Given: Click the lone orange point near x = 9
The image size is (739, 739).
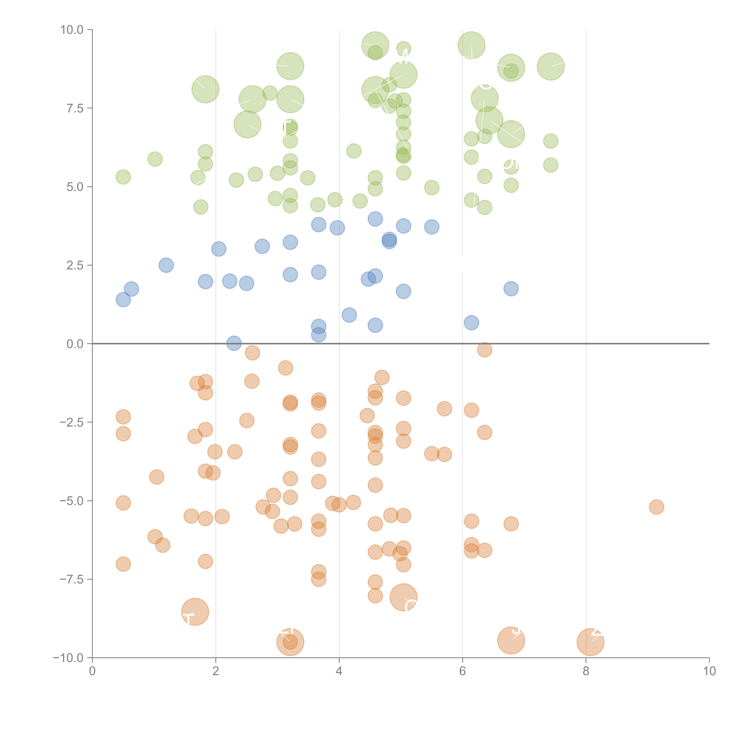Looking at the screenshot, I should (x=656, y=507).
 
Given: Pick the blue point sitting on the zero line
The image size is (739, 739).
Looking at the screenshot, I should (x=234, y=343).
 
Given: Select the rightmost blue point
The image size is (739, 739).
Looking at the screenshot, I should (x=511, y=289).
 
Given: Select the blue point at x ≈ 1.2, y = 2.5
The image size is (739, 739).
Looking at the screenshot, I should (x=166, y=265).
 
